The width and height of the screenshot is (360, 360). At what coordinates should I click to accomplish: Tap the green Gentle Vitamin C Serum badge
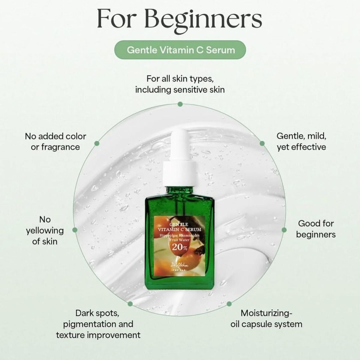[x=180, y=50]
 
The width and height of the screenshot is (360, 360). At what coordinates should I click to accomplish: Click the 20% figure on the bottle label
[x=180, y=247]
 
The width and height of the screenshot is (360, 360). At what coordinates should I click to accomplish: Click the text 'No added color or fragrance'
[x=55, y=142]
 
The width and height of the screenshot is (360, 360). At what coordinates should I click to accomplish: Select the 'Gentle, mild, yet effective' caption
[x=301, y=141]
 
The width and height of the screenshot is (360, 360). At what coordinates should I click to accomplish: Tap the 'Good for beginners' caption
[x=316, y=229]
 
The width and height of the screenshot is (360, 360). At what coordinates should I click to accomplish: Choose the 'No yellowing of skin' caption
[x=45, y=230]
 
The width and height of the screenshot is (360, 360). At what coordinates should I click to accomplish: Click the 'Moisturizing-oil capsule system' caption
[x=266, y=319]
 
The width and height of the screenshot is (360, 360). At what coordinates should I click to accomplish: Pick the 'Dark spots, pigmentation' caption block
[x=98, y=324]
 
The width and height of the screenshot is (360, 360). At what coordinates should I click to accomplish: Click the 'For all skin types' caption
[x=180, y=84]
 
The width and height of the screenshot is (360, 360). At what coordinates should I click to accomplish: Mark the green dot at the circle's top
[x=180, y=104]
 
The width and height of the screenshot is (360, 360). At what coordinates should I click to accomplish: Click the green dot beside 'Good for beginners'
[x=284, y=229]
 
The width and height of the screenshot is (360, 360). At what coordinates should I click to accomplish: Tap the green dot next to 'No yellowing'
[x=75, y=230]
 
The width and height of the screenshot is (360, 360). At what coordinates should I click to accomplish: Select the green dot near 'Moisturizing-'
[x=229, y=304]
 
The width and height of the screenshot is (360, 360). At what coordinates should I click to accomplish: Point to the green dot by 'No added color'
[x=97, y=143]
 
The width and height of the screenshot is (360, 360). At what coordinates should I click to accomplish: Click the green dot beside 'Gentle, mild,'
[x=262, y=143]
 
